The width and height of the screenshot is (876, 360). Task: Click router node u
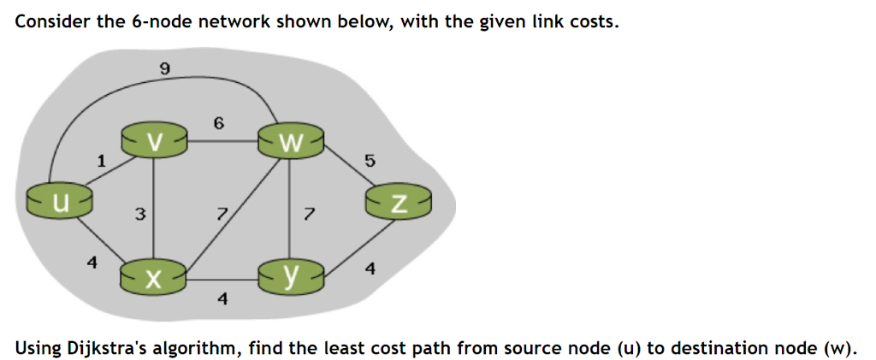[59, 202]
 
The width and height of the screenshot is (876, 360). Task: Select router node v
[153, 141]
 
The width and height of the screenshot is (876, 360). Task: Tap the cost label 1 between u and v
[101, 160]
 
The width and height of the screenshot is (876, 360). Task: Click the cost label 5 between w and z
[370, 161]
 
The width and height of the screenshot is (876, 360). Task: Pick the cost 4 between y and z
[369, 269]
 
